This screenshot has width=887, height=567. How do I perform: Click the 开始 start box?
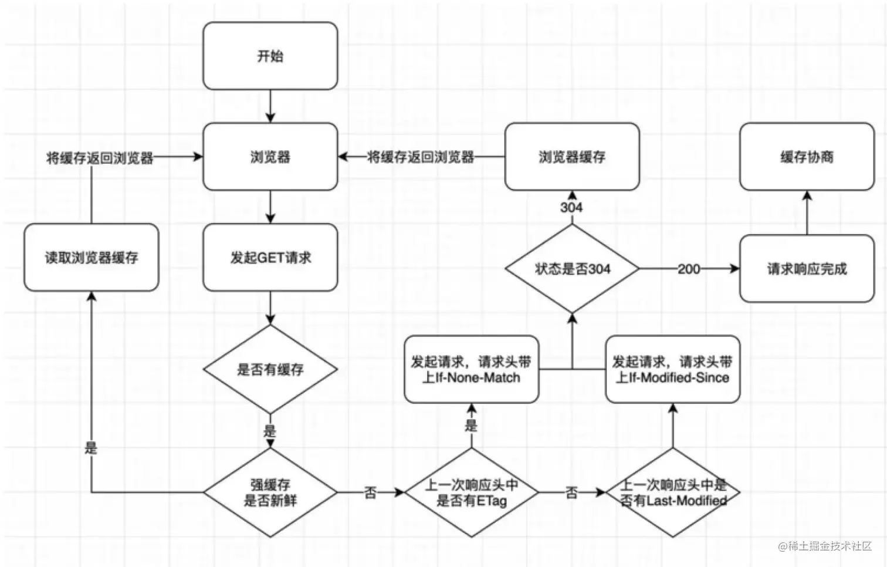coord(270,56)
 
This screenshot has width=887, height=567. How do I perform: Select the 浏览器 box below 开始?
coord(270,157)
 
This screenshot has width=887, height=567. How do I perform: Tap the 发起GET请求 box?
coord(270,257)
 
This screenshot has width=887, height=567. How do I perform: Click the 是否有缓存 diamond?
coord(270,369)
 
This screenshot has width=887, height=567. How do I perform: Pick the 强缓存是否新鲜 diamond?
coord(270,492)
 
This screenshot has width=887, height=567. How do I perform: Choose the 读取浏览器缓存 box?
coord(92,257)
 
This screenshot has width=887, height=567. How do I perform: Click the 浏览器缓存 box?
coord(572,157)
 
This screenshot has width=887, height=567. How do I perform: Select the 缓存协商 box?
coord(807,157)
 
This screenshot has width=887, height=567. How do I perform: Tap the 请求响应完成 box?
coord(807,269)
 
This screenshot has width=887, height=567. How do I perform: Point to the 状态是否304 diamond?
coord(572,269)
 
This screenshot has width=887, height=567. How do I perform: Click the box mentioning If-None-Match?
coord(472,369)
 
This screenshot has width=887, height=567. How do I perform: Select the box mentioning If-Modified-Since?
coord(672,369)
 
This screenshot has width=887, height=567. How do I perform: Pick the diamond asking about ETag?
coord(472,492)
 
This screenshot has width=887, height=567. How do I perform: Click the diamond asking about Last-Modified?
coord(673,492)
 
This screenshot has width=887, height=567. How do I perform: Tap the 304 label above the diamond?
coord(571,207)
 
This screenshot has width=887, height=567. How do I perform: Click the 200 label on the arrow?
coord(689,269)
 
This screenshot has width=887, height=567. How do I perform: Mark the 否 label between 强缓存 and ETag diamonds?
coord(370,492)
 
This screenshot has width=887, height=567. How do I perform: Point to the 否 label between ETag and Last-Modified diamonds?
coord(571,492)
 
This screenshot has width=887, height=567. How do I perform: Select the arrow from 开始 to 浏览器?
coord(270,106)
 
